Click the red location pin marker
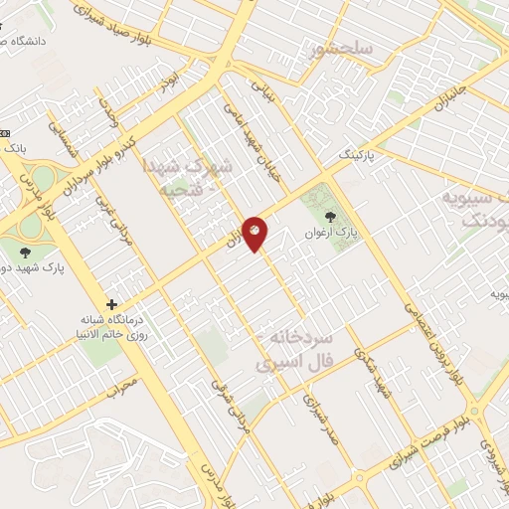click(255, 233)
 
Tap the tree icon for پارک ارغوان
click(330, 216)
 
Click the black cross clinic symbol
click(112, 304)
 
